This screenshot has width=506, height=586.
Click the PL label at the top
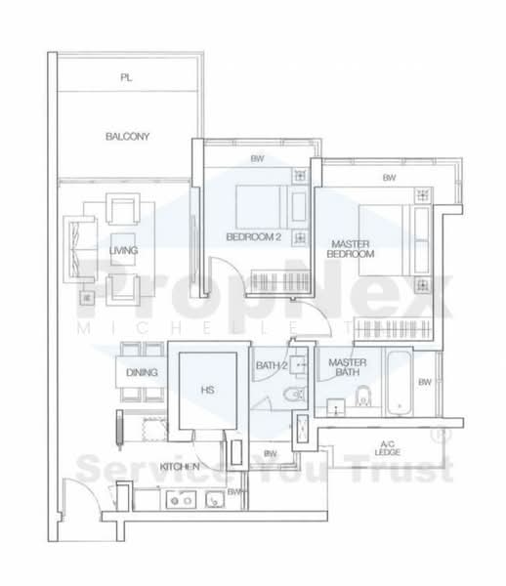tap(126, 76)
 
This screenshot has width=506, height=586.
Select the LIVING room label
tap(123, 252)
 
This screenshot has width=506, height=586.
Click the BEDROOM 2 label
tap(253, 237)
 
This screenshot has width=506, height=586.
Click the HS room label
tap(207, 390)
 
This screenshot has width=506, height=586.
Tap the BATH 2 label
tap(271, 366)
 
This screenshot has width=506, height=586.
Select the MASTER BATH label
tap(347, 366)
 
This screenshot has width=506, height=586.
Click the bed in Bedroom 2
tap(259, 205)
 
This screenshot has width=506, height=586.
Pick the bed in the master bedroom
tap(383, 230)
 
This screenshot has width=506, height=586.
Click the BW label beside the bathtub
tap(423, 382)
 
